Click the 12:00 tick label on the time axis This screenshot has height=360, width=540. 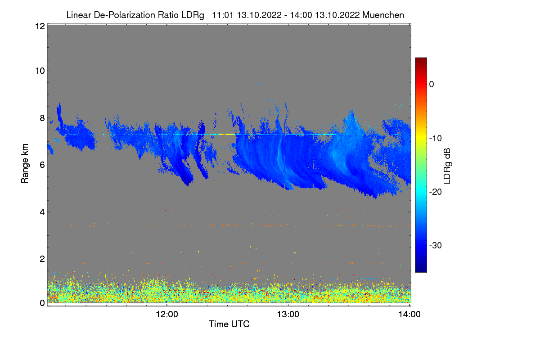coord(167,315)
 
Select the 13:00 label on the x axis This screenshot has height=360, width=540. coord(288,315)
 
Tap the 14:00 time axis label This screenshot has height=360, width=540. coord(409,315)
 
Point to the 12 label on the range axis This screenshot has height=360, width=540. coord(40,26)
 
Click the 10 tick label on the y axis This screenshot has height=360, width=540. coord(40,71)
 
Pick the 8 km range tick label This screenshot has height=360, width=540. coord(42,118)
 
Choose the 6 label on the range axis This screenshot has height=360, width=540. coord(42,165)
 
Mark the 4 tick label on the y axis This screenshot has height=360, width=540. coord(42,212)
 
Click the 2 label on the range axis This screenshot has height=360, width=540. coord(42,259)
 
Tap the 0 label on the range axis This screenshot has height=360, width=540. coord(42,303)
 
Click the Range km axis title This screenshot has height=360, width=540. coord(25,164)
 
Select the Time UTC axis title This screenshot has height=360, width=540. coord(229,324)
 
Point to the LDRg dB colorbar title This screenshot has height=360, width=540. coord(447,166)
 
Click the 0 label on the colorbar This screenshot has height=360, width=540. coord(432,85)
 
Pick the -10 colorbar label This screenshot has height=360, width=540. coord(436,139)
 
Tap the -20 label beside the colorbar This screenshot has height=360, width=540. coord(436,192)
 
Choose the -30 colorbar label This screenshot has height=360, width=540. coord(436,245)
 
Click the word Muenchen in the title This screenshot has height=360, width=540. coord(383,15)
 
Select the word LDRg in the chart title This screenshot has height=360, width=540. coord(193,15)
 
